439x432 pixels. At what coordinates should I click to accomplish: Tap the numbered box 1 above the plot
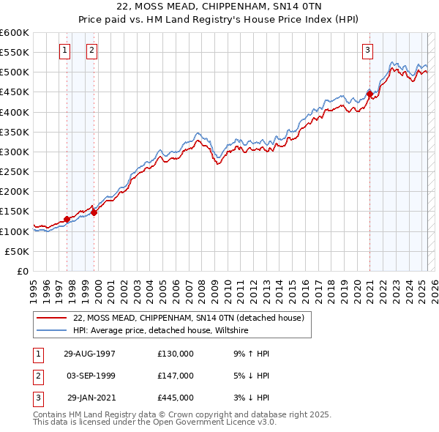(65, 51)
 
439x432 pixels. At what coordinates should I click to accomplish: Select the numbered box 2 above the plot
(91, 51)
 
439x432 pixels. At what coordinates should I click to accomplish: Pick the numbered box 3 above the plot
(367, 51)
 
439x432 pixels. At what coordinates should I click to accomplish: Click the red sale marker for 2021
(369, 94)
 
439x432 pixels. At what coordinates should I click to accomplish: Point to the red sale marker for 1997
(67, 219)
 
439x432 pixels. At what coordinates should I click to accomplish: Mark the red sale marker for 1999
(94, 212)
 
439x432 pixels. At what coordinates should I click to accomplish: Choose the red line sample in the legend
(52, 317)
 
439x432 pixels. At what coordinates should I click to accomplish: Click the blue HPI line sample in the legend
(52, 331)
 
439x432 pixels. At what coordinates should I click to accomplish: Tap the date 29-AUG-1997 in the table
(89, 353)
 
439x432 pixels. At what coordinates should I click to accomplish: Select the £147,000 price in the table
(175, 376)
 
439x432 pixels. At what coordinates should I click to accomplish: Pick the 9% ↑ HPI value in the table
(251, 353)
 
